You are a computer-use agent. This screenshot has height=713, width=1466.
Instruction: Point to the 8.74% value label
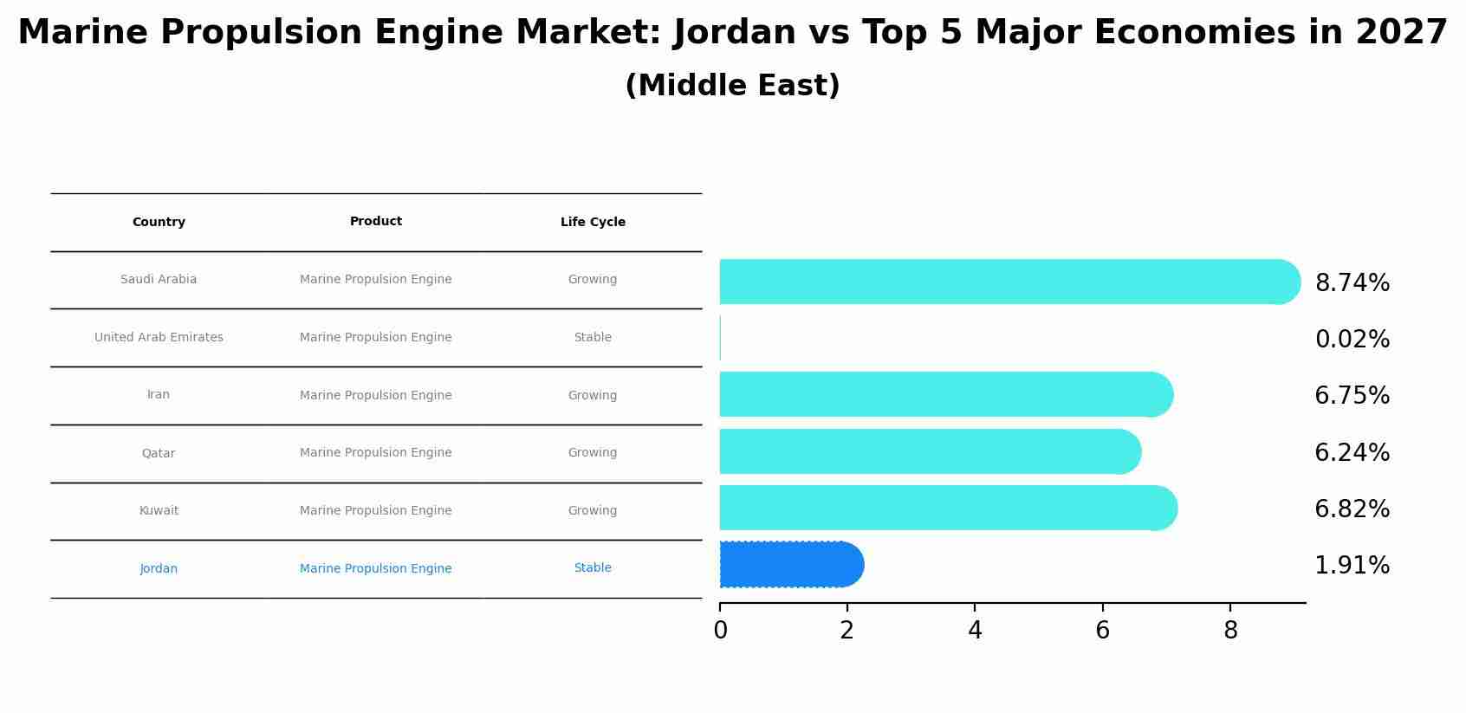[x=1352, y=283]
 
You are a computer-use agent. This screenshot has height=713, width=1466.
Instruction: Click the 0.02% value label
[x=1352, y=340]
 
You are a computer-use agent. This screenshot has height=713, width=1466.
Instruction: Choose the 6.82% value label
[x=1352, y=509]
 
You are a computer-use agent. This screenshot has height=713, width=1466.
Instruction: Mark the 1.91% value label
[x=1352, y=566]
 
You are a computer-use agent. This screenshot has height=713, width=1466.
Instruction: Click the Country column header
[x=159, y=223]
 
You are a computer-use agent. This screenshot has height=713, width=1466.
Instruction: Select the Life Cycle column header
[x=593, y=223]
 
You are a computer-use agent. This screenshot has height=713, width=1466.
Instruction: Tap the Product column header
[x=375, y=222]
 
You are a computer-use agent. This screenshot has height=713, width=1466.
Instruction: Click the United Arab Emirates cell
[x=159, y=338]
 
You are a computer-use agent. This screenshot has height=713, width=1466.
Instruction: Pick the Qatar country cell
[x=159, y=453]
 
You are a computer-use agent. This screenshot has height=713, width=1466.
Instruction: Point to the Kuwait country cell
[x=159, y=511]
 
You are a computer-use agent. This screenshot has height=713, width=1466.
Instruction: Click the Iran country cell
[x=159, y=395]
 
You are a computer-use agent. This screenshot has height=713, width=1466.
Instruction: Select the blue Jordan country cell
[x=159, y=569]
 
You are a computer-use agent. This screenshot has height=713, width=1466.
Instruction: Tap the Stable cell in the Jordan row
[x=593, y=568]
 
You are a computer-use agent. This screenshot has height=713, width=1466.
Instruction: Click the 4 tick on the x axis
[x=975, y=631]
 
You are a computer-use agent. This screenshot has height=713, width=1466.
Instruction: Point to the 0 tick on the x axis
[x=720, y=631]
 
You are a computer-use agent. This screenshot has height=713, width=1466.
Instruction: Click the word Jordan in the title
[x=735, y=33]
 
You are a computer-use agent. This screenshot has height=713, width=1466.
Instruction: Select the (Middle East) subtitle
[x=732, y=86]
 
